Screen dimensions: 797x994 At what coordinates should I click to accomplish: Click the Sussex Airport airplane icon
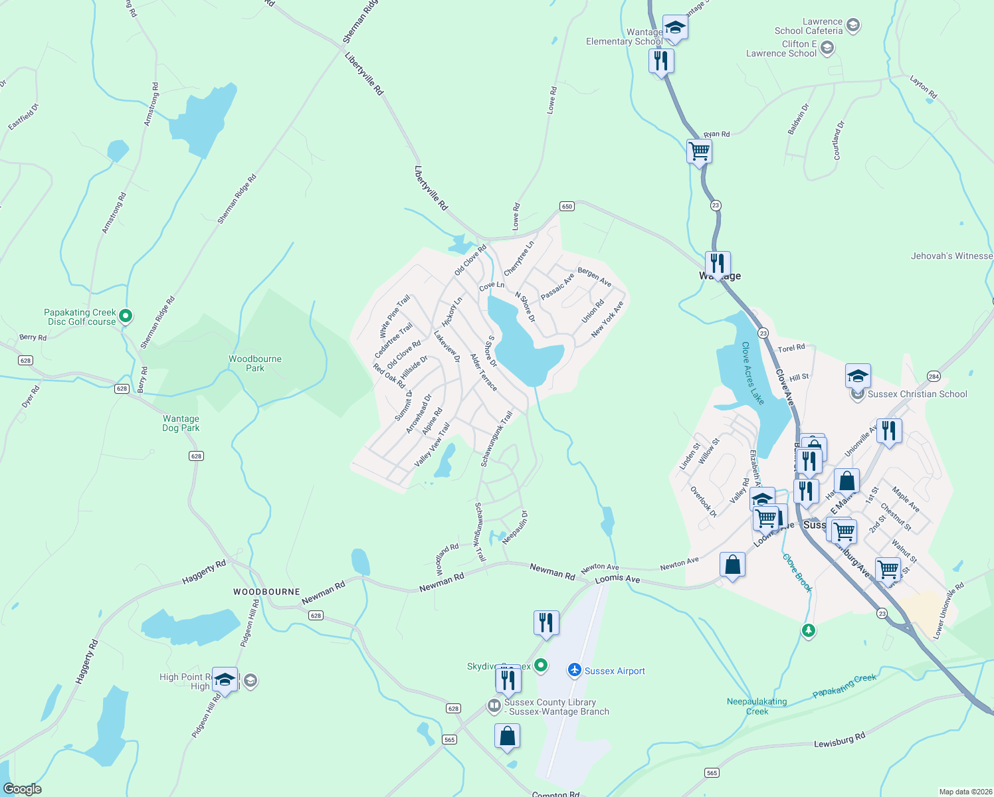[575, 670]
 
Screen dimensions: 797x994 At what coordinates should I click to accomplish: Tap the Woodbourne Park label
[255, 363]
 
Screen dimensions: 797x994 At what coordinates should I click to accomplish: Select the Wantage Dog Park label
[181, 423]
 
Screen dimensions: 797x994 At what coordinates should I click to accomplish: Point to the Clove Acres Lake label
[753, 373]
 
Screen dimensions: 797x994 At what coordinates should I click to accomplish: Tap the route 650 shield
[567, 207]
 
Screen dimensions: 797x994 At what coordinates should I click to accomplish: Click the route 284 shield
[934, 377]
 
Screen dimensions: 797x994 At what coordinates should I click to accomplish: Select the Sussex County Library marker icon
[494, 706]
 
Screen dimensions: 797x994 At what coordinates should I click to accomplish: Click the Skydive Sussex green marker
[541, 665]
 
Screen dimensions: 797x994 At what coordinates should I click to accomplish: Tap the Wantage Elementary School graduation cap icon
[674, 27]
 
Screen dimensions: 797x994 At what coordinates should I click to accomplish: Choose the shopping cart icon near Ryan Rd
[699, 151]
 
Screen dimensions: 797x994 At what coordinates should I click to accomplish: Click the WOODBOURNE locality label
[266, 592]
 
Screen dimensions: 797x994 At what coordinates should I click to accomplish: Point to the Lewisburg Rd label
[840, 740]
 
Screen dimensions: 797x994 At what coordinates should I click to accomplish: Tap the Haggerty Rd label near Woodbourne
[204, 573]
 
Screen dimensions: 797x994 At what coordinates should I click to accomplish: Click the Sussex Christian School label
[917, 394]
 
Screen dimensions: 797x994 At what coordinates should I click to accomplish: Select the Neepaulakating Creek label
[757, 706]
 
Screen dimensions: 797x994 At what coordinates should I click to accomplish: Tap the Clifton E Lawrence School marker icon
[827, 48]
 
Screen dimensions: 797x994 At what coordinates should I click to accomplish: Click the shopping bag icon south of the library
[507, 737]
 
